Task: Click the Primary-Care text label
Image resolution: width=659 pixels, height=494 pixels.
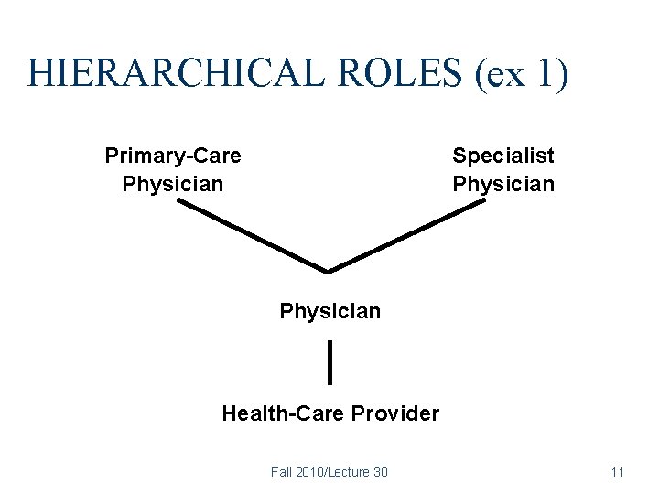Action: click(173, 156)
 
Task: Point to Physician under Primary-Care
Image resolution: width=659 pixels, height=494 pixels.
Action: click(173, 184)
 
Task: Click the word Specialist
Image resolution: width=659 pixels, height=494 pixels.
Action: click(503, 156)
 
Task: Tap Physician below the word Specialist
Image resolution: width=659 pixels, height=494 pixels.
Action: click(503, 184)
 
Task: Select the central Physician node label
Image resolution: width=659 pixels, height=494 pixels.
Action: click(330, 311)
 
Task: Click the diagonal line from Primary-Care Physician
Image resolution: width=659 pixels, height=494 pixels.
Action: click(252, 236)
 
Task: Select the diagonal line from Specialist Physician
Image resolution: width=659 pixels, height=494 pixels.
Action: click(406, 236)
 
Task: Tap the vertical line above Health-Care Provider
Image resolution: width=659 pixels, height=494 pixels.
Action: click(329, 361)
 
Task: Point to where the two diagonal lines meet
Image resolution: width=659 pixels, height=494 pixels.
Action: click(329, 271)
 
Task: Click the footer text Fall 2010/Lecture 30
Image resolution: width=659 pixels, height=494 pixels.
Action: click(329, 472)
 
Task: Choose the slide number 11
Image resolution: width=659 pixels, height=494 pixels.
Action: click(617, 472)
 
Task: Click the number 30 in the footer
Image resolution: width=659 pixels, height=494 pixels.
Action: click(379, 472)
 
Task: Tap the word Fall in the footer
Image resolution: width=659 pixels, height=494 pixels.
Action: click(281, 472)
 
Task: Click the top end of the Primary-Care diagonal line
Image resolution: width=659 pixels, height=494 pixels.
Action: click(180, 202)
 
